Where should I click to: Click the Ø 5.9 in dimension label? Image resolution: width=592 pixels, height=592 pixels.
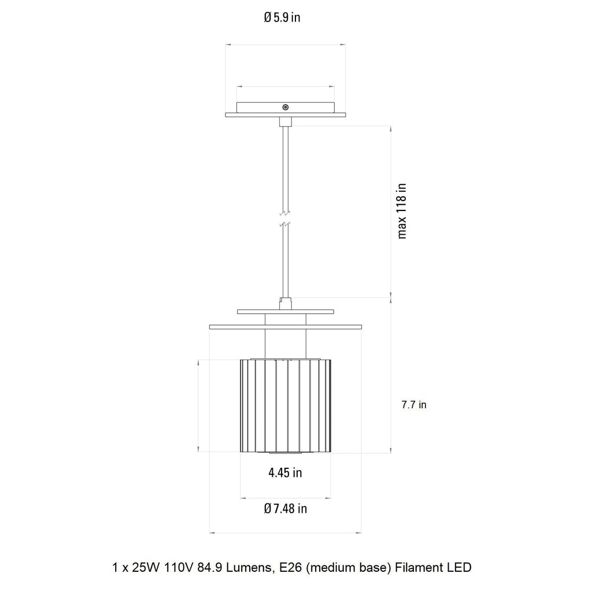pyautogui.click(x=282, y=17)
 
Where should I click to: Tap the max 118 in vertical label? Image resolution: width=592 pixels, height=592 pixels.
pyautogui.click(x=402, y=211)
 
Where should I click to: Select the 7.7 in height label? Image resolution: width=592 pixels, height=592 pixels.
pyautogui.click(x=414, y=405)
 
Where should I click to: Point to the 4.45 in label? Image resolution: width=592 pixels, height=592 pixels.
pyautogui.click(x=285, y=473)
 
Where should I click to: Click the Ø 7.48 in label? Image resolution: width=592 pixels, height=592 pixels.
pyautogui.click(x=285, y=509)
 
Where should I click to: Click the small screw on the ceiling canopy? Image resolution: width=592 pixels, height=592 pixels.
pyautogui.click(x=285, y=107)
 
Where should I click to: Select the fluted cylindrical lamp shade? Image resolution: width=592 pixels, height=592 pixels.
pyautogui.click(x=286, y=405)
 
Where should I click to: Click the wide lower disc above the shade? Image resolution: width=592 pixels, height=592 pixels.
pyautogui.click(x=286, y=327)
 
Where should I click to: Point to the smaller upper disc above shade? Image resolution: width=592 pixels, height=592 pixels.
pyautogui.click(x=286, y=312)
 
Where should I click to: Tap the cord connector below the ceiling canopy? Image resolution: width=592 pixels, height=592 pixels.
pyautogui.click(x=285, y=121)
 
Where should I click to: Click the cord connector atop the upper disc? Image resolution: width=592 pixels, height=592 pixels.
pyautogui.click(x=285, y=303)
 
